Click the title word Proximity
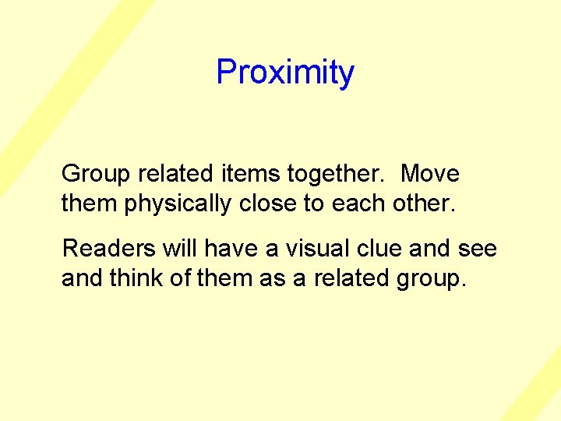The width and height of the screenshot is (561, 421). point(285,73)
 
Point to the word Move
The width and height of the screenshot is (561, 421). point(429,173)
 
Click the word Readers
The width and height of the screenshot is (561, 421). point(108,248)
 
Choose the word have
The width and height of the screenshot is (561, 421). point(224,248)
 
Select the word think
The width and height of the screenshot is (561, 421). point(136,278)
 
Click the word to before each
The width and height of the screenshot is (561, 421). point(313,203)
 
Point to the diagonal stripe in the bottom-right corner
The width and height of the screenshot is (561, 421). point(534,394)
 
